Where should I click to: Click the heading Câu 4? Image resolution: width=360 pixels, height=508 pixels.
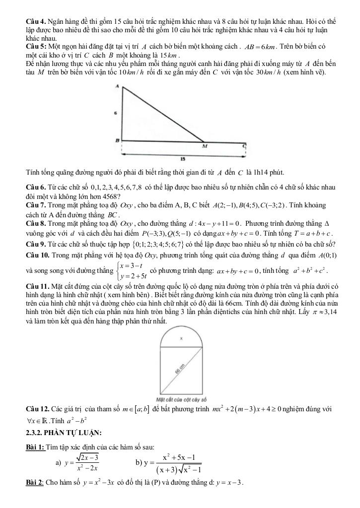pos(36,22)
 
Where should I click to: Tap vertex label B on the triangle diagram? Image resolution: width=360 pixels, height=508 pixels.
pos(118,140)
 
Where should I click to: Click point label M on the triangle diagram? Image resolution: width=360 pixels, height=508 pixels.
pos(204,147)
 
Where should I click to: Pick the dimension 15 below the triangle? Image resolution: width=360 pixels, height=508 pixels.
pos(183,159)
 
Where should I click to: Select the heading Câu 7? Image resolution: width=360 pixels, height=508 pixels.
pos(36,205)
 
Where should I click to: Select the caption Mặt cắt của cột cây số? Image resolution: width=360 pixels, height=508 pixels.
pos(181,399)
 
